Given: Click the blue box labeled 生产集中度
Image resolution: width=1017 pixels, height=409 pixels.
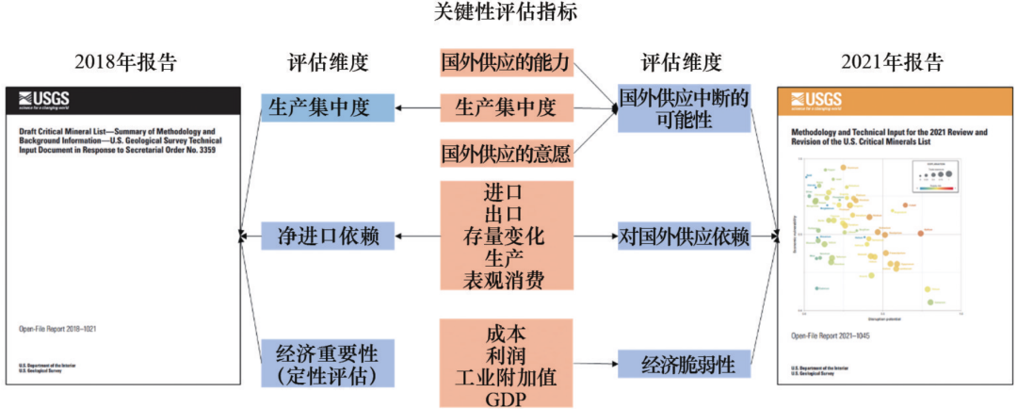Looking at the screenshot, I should [327, 107].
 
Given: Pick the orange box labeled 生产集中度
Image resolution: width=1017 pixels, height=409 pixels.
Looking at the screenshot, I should [506, 107].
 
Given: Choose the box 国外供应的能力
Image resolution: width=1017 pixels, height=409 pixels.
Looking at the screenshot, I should [506, 63].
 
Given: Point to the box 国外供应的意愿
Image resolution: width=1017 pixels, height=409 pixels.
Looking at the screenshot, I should [506, 151].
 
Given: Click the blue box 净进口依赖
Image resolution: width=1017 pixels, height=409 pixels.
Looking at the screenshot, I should [327, 236].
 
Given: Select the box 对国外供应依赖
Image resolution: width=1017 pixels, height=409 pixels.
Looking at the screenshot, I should [684, 236].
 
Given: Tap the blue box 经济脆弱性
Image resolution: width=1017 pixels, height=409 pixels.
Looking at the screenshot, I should [684, 364].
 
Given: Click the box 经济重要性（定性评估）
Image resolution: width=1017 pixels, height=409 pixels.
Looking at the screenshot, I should [327, 364].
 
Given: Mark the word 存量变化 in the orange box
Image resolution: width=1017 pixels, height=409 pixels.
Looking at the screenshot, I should [506, 236].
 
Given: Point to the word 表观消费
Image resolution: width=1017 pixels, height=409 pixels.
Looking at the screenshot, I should [506, 279].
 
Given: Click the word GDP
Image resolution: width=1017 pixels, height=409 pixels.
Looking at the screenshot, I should [506, 398].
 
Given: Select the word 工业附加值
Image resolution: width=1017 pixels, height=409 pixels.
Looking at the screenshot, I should [506, 376].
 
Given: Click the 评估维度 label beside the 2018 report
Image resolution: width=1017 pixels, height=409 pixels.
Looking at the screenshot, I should [327, 63].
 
